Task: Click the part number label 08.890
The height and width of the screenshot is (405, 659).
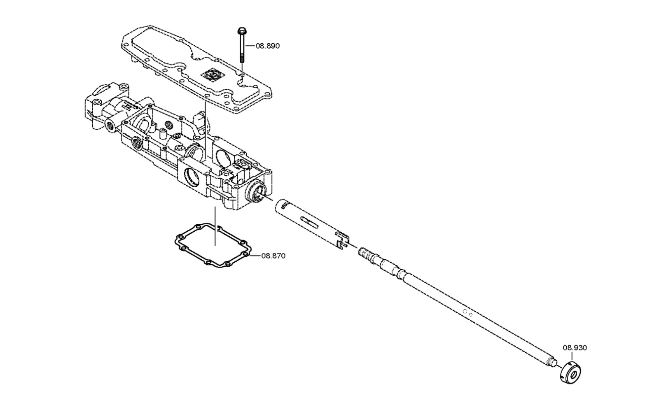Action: point(267,46)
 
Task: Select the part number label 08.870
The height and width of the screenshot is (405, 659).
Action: point(273,256)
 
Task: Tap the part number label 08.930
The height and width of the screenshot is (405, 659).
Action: point(575,348)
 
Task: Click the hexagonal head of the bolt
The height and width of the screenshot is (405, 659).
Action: point(241,31)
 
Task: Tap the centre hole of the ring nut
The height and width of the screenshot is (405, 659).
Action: point(573,375)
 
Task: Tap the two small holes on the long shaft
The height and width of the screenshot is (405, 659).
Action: point(468,313)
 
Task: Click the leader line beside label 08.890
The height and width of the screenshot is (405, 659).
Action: point(250,46)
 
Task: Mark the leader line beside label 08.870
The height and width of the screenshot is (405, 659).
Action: point(256,256)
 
